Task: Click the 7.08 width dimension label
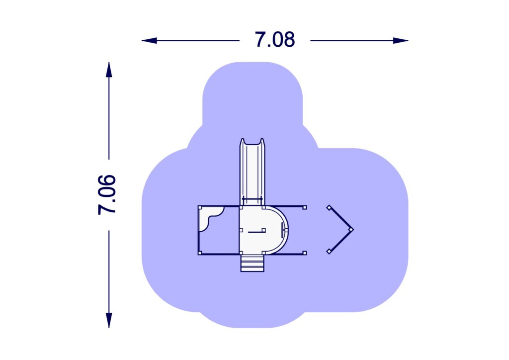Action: (x=274, y=40)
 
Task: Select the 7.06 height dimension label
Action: (x=107, y=195)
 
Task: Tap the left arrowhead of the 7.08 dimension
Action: (x=149, y=41)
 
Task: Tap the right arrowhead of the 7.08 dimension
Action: (x=401, y=41)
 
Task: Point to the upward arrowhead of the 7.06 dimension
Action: (x=109, y=70)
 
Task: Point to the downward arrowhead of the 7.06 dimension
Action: (x=109, y=320)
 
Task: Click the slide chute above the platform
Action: (x=252, y=172)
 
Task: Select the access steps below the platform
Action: (x=252, y=263)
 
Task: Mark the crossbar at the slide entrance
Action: (x=252, y=199)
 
